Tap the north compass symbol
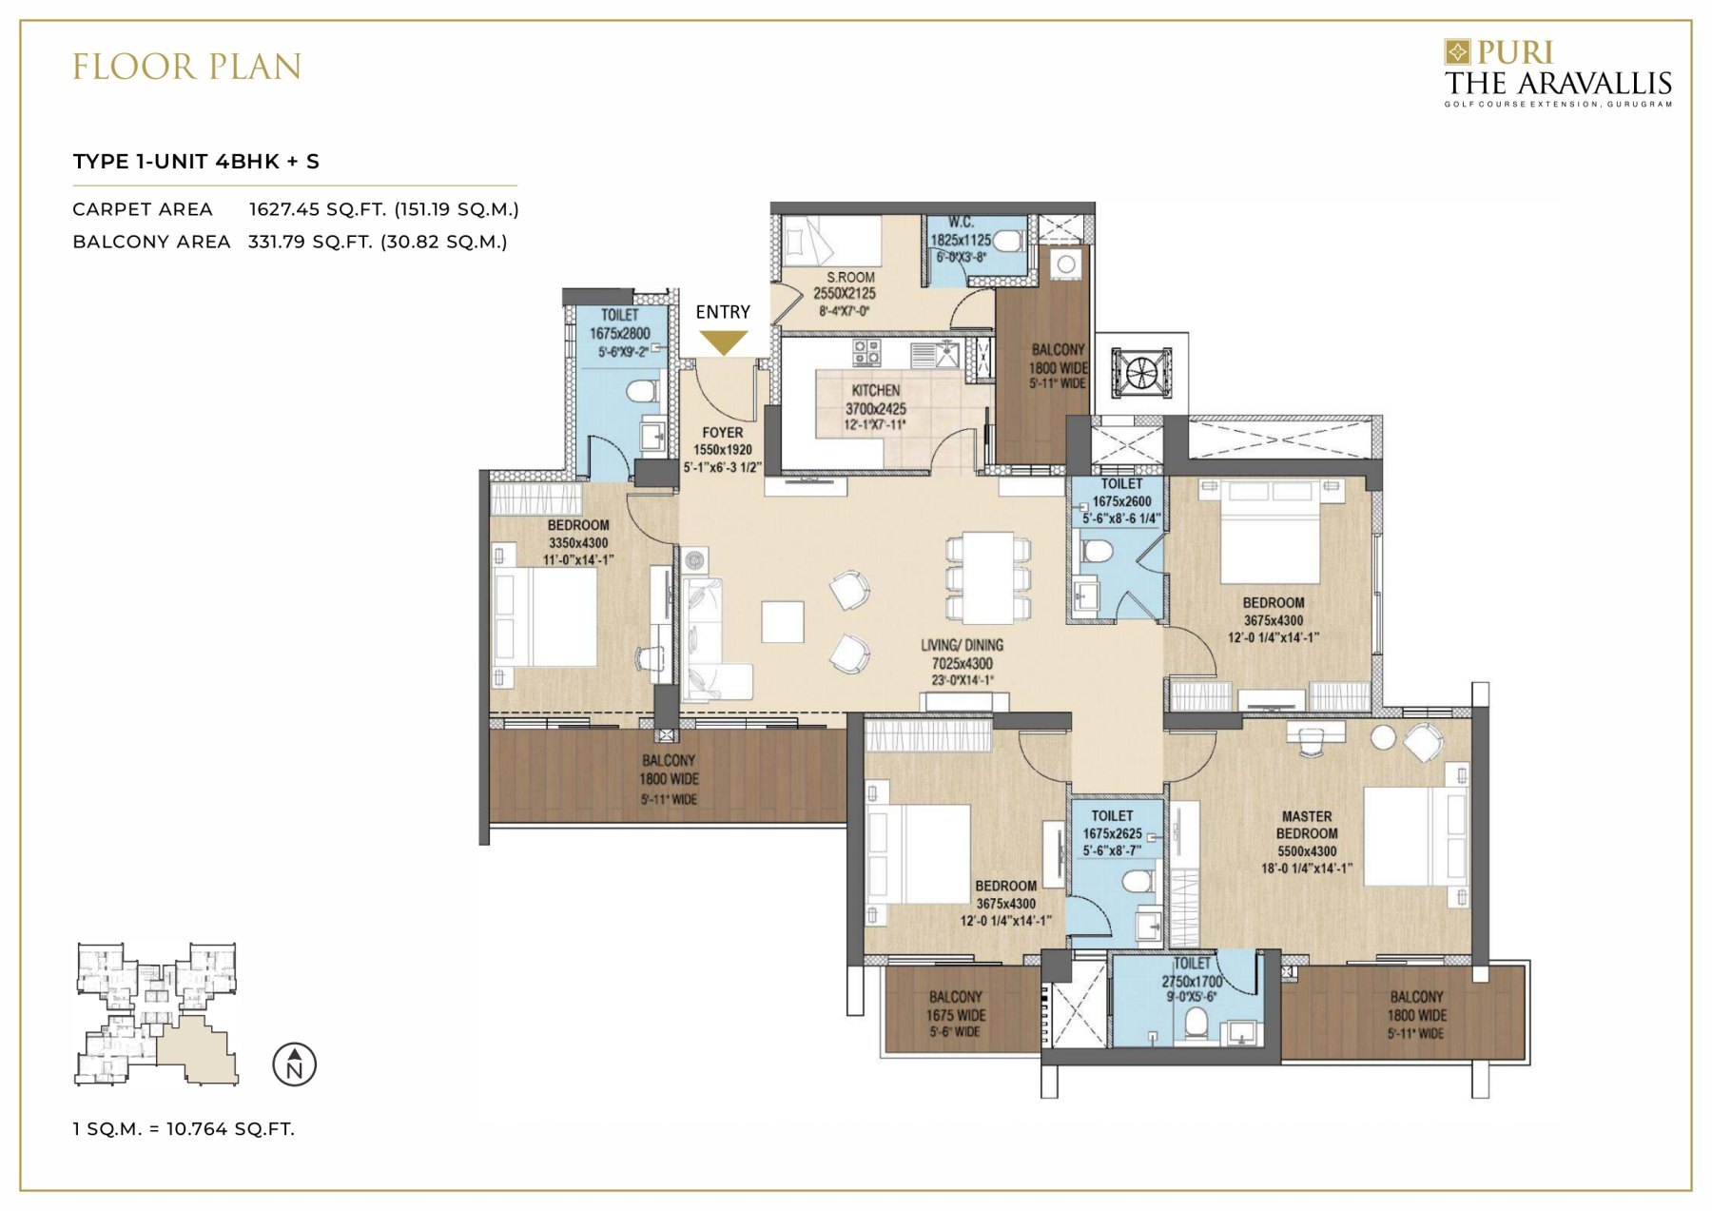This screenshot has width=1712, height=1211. click(294, 1065)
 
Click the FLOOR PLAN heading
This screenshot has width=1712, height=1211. click(187, 67)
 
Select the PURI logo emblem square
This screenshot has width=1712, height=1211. click(1456, 51)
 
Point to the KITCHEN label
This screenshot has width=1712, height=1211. click(875, 390)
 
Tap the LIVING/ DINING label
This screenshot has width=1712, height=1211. click(962, 645)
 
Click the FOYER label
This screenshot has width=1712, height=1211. click(722, 433)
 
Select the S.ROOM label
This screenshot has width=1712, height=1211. click(849, 278)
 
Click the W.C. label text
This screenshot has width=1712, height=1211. click(961, 223)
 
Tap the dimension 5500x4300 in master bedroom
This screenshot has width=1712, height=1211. click(1306, 851)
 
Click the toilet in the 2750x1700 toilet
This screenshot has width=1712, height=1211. click(1196, 1024)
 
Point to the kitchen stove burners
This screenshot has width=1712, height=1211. click(866, 352)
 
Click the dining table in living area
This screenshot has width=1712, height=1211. click(988, 578)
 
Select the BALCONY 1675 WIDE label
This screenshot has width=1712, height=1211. click(955, 1014)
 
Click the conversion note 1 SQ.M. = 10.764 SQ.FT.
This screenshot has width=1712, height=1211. click(184, 1129)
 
